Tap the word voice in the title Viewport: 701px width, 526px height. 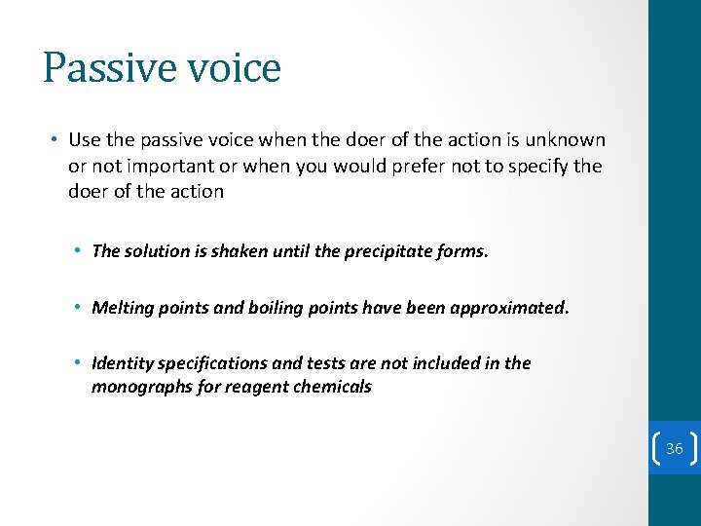[x=228, y=68]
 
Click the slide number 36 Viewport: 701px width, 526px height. [x=675, y=449]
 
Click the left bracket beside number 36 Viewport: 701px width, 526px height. [x=655, y=449]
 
